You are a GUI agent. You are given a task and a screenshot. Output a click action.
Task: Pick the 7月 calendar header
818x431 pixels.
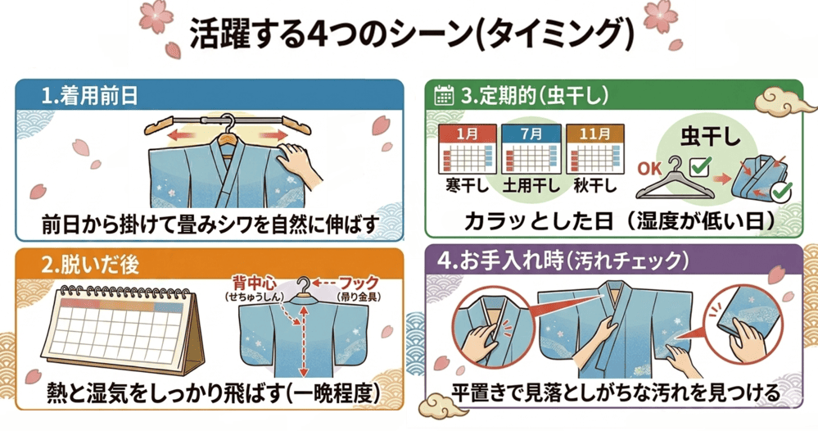point(529,131)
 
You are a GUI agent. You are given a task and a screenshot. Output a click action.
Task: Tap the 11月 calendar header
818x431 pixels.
point(595,131)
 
